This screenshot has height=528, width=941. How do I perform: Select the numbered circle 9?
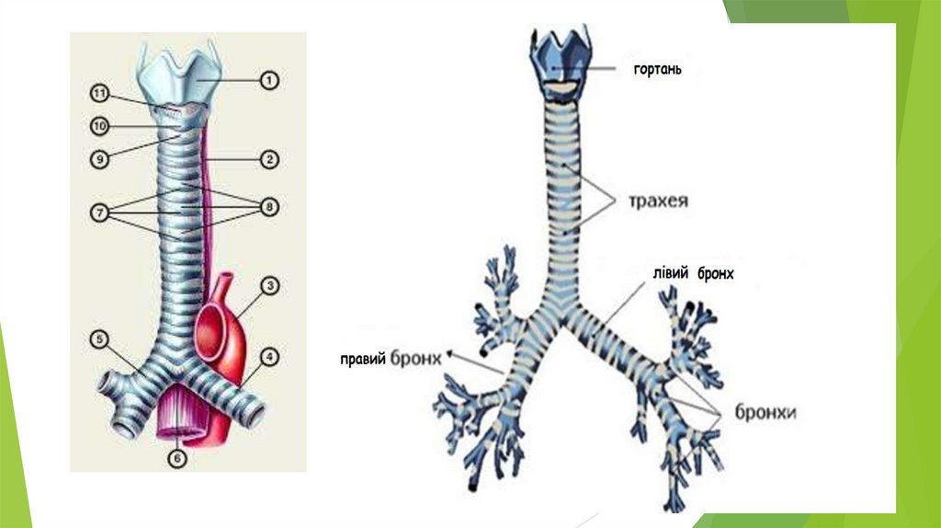(99, 158)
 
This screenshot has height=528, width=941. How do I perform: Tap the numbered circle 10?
(99, 125)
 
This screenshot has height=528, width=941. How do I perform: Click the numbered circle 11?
(99, 93)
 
